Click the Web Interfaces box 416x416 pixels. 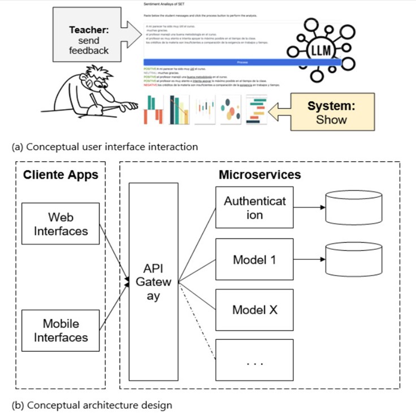(x=60, y=224)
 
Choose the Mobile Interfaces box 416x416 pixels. (x=60, y=330)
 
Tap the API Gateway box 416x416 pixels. (x=153, y=281)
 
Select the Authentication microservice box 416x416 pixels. (x=255, y=207)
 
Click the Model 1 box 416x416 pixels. (x=255, y=260)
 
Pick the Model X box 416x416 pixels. (x=255, y=310)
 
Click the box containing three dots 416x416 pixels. (x=255, y=359)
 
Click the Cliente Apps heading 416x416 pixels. (x=60, y=175)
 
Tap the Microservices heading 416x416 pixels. (x=259, y=175)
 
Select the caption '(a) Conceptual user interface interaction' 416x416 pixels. (x=105, y=147)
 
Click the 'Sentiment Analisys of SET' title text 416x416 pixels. (x=169, y=4)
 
